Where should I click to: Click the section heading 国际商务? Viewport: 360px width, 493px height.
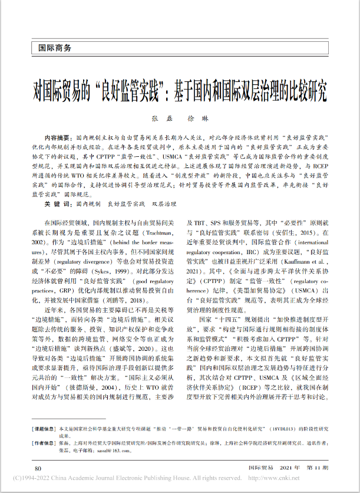[55, 48]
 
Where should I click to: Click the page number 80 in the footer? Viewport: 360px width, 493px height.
[38, 468]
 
